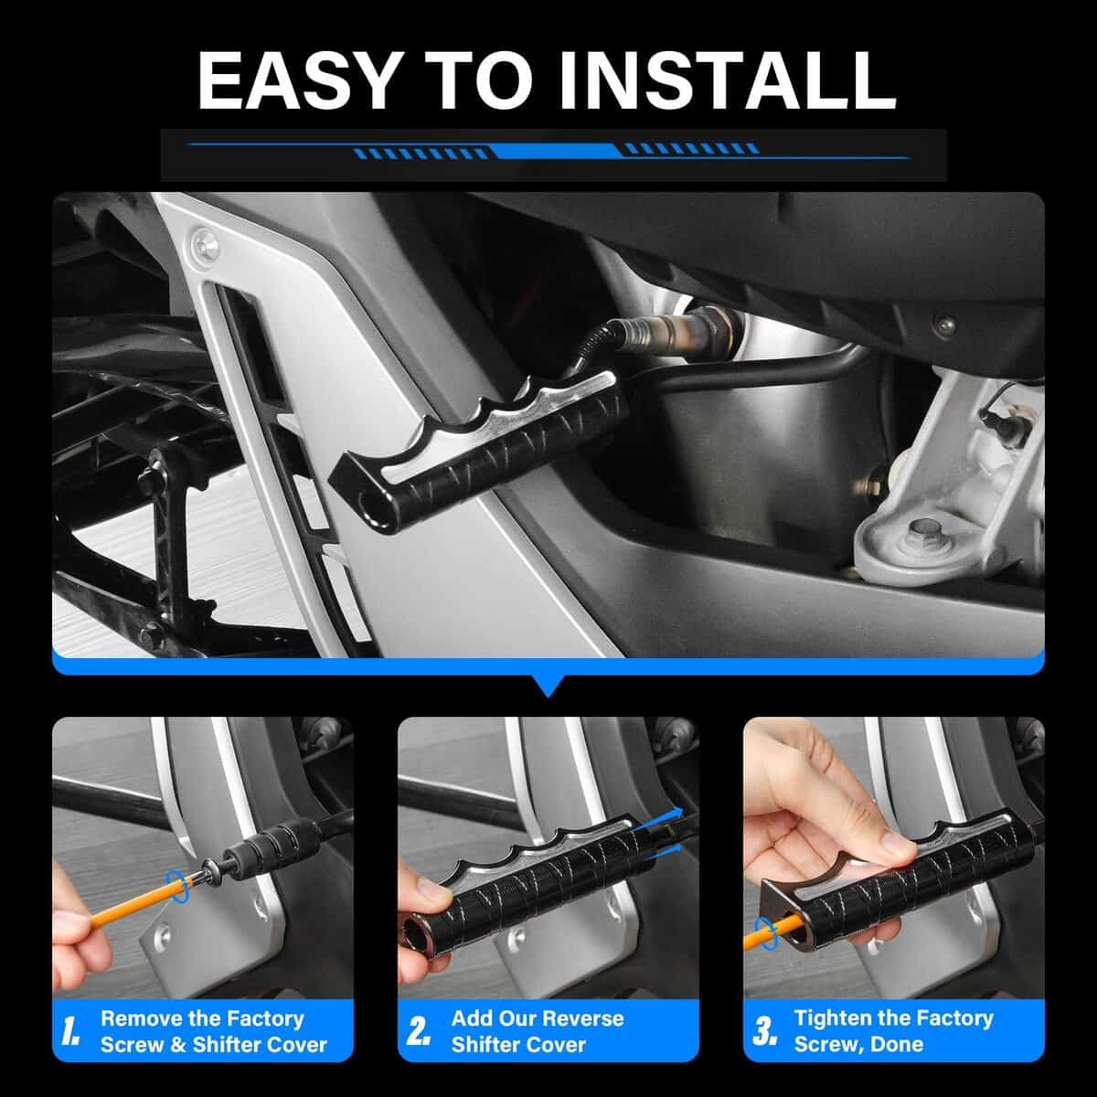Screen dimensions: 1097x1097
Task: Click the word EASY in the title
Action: [296, 80]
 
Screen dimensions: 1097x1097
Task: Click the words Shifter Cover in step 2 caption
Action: [518, 1045]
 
